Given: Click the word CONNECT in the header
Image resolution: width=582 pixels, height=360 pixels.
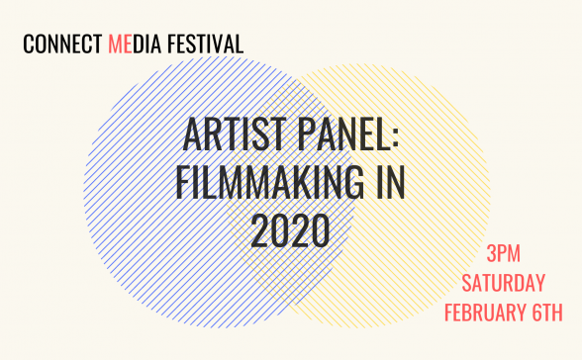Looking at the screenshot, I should tap(62, 45).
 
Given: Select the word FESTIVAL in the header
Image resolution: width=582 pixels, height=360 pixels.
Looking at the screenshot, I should tap(206, 45).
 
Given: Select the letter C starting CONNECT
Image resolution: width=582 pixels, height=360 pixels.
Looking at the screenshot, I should tap(28, 45).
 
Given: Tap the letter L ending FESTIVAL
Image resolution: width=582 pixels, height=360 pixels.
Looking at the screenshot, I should tap(239, 45).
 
